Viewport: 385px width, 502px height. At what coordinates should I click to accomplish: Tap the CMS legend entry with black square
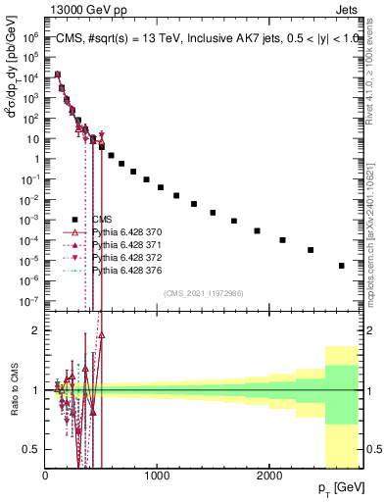[104, 220]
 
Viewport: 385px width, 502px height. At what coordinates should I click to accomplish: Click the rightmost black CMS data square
[341, 266]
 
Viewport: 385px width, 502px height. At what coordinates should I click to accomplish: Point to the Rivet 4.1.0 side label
[375, 69]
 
